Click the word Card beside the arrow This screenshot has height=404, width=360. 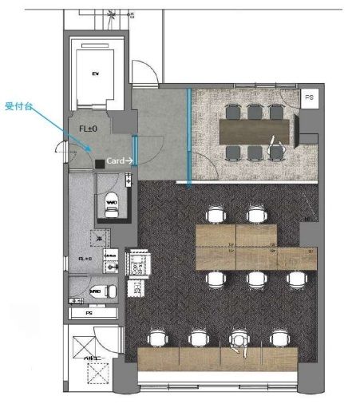click(x=116, y=160)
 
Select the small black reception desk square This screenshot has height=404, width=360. click(x=99, y=163)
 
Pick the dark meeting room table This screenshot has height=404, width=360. click(x=256, y=129)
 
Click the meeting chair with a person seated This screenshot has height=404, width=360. click(x=277, y=151)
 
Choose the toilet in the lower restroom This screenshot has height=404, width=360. click(x=96, y=292)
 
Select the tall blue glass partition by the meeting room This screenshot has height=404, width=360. click(x=188, y=134)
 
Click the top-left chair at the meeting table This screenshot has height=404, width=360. click(x=234, y=110)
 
